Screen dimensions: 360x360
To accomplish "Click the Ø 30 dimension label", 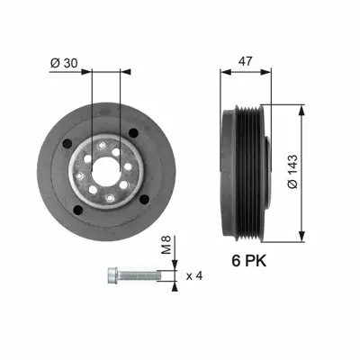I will [x=64, y=64].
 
